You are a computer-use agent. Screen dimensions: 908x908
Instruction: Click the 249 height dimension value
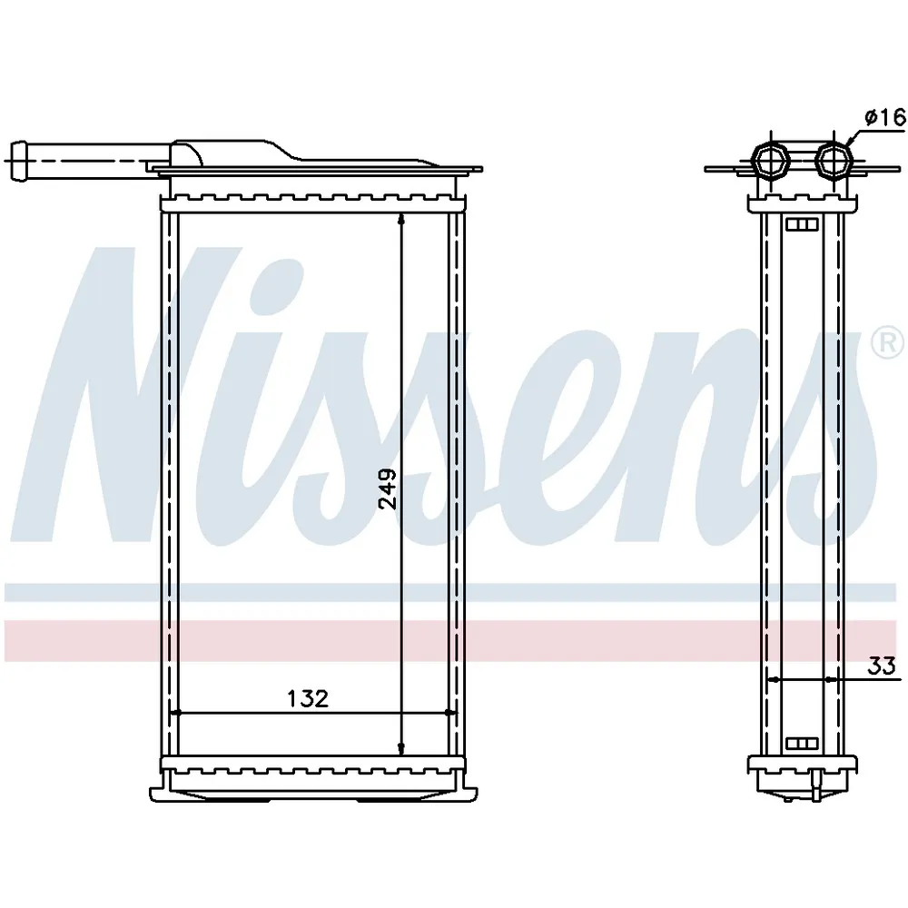pos(388,489)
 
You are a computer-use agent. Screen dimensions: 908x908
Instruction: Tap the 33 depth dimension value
pos(880,665)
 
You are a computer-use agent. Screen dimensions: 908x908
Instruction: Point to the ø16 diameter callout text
pos(884,116)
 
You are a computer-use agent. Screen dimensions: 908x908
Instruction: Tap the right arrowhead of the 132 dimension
pos(450,713)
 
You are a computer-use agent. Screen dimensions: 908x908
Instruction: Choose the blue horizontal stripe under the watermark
pos(454,593)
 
